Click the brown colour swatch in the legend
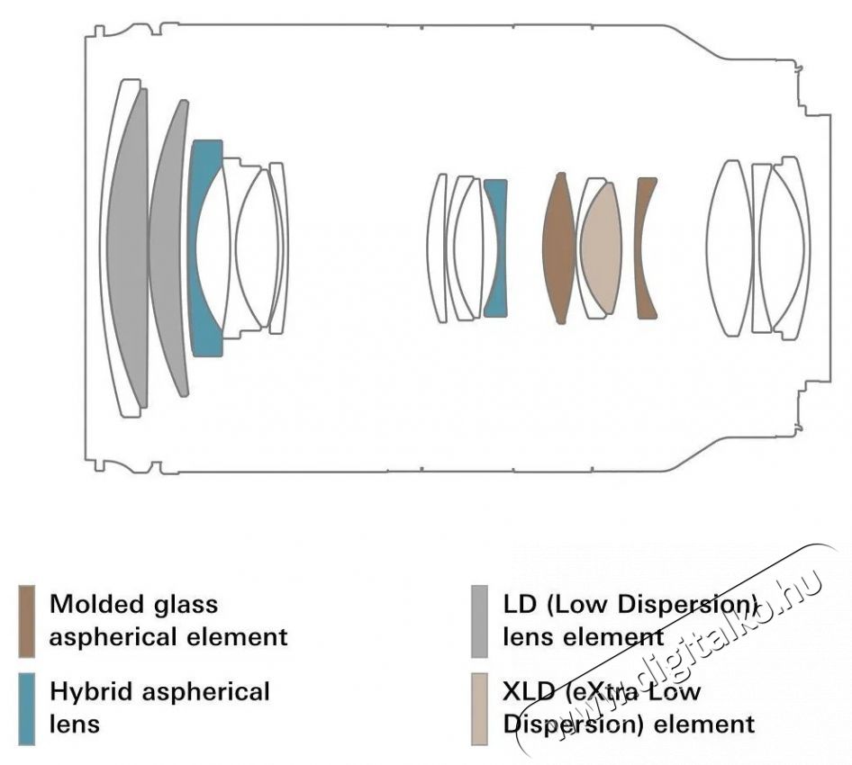27,622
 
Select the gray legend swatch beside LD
479,622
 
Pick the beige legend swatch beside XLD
479,709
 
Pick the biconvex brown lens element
558,247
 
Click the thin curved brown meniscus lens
645,247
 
